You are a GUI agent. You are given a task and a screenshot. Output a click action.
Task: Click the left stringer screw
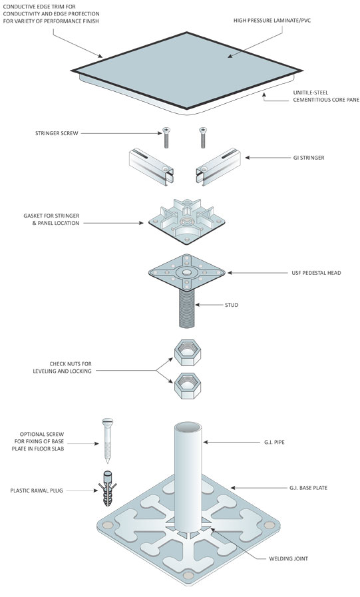(x=166, y=138)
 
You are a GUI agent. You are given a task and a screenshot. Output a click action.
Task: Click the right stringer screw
(x=203, y=138)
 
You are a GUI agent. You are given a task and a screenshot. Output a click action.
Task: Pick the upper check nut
(x=188, y=352)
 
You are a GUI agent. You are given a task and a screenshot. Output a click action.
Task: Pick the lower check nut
(x=188, y=386)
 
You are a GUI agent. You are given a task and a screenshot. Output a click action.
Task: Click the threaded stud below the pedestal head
(x=187, y=308)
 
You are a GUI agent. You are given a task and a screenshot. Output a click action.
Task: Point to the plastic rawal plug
(x=108, y=489)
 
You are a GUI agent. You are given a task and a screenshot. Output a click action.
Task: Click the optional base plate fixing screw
(x=107, y=441)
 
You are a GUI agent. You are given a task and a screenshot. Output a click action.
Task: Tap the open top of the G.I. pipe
(x=188, y=427)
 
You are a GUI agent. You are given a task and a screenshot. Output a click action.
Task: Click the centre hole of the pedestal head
(x=186, y=272)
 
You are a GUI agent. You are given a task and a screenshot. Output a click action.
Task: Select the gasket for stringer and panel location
(x=186, y=221)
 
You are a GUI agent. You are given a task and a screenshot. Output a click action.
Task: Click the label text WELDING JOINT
(x=288, y=558)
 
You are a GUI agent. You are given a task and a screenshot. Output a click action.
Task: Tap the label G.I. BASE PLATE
(x=308, y=487)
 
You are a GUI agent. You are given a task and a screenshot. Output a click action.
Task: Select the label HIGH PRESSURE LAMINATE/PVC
(x=272, y=20)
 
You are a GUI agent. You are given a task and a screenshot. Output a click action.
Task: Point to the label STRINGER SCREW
(x=57, y=133)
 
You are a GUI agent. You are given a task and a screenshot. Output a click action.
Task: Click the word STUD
(x=232, y=305)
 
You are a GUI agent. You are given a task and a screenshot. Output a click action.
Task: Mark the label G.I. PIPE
(x=274, y=442)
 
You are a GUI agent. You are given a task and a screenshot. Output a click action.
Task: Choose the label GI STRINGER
(x=309, y=157)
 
